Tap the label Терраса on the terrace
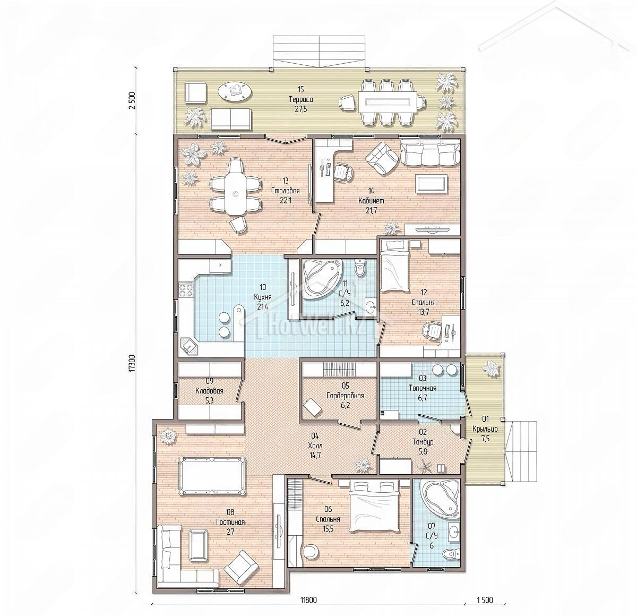click(301, 99)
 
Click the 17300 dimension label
click(132, 363)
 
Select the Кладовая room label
click(210, 391)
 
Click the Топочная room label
click(423, 388)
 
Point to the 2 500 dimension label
click(132, 101)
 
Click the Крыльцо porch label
click(485, 428)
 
